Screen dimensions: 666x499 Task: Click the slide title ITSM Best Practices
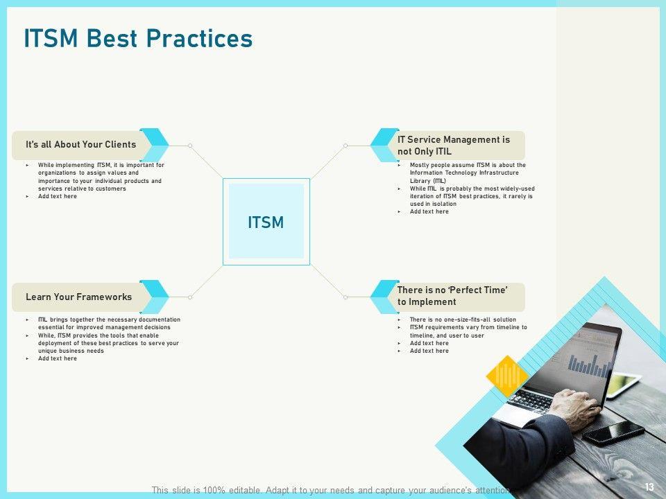pos(138,38)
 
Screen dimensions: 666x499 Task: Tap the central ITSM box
pos(266,222)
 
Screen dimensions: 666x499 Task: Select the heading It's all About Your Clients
pos(80,145)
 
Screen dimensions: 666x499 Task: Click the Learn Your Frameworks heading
pos(78,297)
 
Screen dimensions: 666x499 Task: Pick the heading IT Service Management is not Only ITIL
pos(453,146)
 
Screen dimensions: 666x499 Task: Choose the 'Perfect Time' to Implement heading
pos(452,296)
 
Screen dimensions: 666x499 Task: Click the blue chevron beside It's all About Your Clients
pos(154,145)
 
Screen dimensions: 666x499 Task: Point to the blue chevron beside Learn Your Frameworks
pos(154,297)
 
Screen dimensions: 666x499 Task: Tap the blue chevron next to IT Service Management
pos(384,145)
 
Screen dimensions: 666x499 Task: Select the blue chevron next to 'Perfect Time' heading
pos(384,297)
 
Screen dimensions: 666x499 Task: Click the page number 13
pos(649,487)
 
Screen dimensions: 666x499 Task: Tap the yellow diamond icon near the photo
pos(507,376)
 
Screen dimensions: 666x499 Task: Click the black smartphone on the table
pos(613,432)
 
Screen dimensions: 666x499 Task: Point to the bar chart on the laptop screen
pos(590,366)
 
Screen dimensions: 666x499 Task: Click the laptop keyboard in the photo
pos(532,401)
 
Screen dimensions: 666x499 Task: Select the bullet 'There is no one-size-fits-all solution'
pos(463,319)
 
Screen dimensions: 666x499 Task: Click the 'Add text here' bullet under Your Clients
pos(58,196)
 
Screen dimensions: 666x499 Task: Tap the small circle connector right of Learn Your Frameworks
pos(190,297)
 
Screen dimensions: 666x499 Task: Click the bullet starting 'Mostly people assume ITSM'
pos(467,173)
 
